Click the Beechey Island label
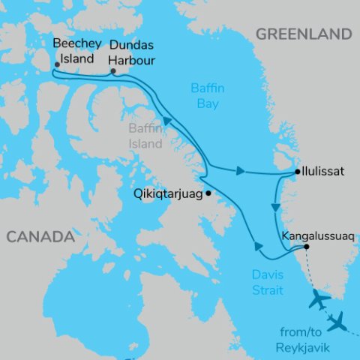click(73, 51)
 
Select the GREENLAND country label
click(303, 34)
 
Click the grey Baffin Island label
click(144, 136)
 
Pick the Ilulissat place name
click(324, 172)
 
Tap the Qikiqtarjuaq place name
click(168, 192)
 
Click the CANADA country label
click(40, 237)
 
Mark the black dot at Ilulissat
click(298, 172)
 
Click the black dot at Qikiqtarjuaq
click(208, 193)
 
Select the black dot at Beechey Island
click(57, 64)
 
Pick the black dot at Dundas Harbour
click(112, 72)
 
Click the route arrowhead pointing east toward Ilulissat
click(240, 171)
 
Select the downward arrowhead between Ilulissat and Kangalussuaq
click(276, 206)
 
